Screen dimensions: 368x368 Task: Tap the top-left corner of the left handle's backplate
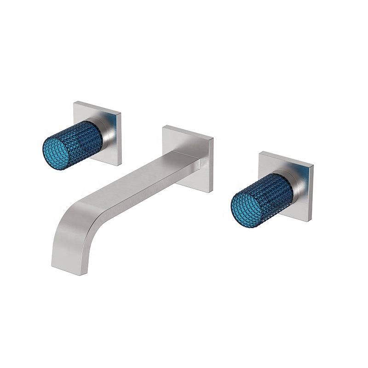[x=75, y=103]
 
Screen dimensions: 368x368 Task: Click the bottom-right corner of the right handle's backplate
[x=311, y=221]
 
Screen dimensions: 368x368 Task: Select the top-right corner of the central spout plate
[x=213, y=137]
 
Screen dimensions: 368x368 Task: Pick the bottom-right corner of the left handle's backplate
[x=121, y=165]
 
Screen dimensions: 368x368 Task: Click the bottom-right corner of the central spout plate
[x=211, y=192]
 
